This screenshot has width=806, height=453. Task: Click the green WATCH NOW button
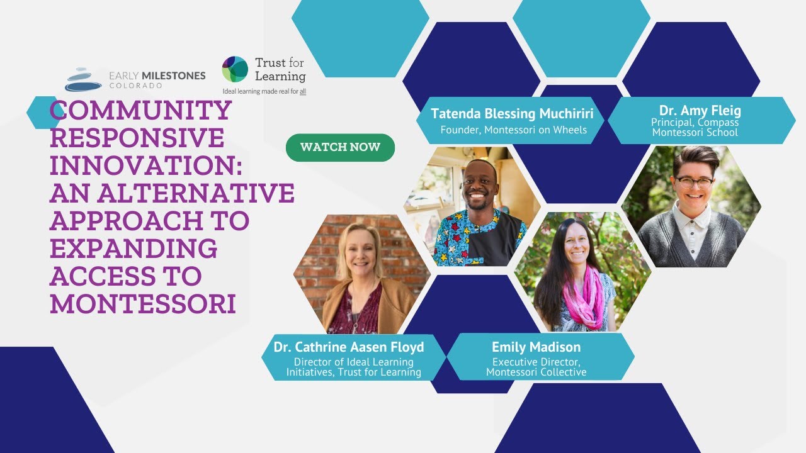tap(340, 147)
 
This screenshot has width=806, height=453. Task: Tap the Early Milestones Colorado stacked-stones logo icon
tap(83, 80)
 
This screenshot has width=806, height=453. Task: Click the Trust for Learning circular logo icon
tap(235, 69)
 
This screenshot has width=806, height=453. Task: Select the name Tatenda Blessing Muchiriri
tap(512, 114)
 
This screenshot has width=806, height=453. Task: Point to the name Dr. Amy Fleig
tap(700, 111)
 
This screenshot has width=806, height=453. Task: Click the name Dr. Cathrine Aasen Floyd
tap(348, 347)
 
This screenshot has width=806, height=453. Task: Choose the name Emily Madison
tap(536, 347)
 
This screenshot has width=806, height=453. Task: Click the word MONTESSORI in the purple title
tap(143, 304)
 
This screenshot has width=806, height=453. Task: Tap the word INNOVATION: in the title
tap(147, 165)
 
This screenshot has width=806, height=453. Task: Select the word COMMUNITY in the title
tap(141, 111)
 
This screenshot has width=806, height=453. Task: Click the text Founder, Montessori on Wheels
tap(513, 130)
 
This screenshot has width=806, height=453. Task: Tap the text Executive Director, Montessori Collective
tap(536, 367)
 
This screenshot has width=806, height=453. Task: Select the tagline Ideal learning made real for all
tap(264, 91)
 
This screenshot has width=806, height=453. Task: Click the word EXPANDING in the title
tap(133, 249)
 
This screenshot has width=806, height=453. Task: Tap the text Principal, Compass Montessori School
tap(695, 127)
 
